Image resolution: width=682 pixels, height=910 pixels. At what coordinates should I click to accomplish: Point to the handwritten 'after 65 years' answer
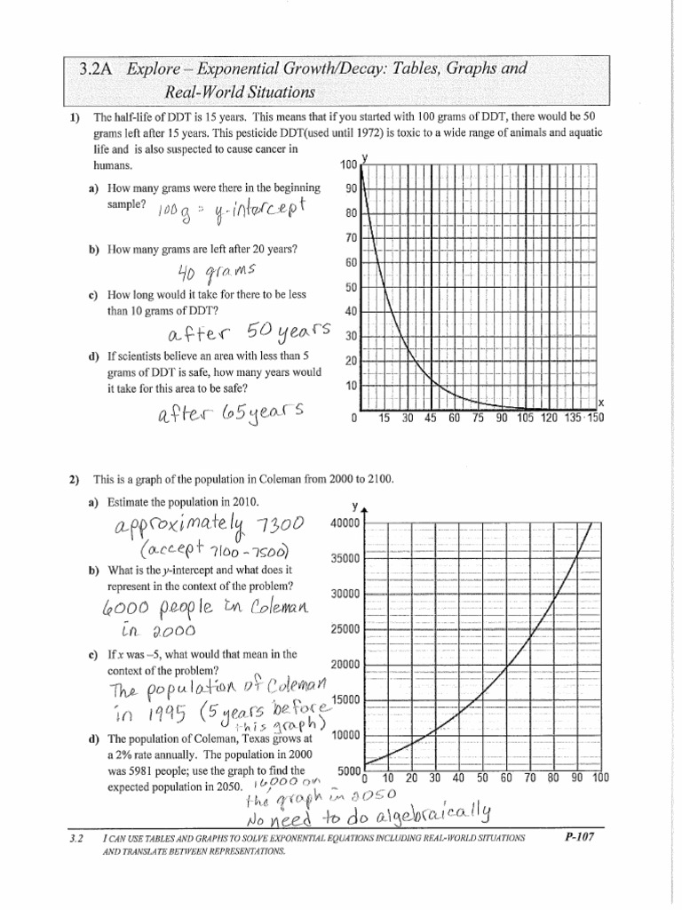tap(230, 414)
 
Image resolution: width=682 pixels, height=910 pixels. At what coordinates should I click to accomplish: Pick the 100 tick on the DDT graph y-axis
tap(347, 164)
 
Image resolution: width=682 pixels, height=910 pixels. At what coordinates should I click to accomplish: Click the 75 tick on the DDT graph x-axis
tap(476, 419)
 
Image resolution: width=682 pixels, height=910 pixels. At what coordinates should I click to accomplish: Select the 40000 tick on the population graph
tap(345, 523)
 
